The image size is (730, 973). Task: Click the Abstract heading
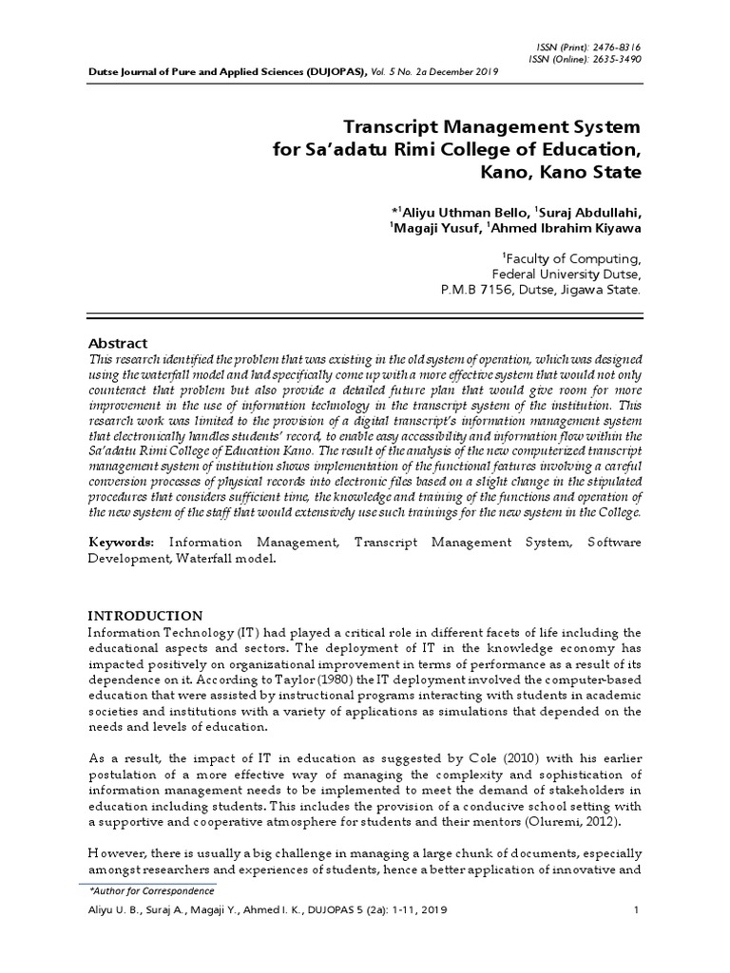pos(119,342)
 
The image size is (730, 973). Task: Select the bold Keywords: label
pos(122,541)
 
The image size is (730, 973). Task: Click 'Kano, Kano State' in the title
pos(565,173)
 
